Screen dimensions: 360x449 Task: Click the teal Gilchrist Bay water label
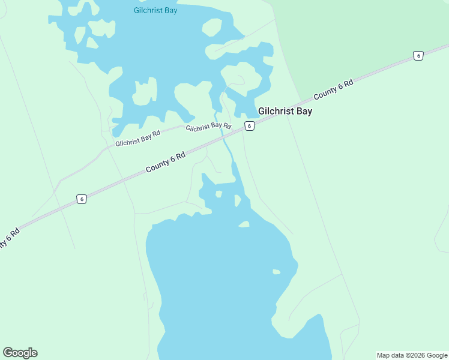155,10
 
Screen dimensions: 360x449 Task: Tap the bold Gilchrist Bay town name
285,111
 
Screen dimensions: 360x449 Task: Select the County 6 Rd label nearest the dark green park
333,91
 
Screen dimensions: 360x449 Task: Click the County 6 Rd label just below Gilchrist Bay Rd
166,162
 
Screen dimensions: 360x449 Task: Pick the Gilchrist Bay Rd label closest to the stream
208,127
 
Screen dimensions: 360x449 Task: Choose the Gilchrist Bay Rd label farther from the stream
138,139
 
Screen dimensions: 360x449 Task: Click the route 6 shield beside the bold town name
250,125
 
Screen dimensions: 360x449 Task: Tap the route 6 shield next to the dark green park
418,56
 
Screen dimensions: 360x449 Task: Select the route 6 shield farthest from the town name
82,199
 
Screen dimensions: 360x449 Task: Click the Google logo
20,353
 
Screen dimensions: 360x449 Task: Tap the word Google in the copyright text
438,355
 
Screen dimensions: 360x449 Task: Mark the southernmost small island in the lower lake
276,272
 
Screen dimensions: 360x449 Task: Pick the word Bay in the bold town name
304,111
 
